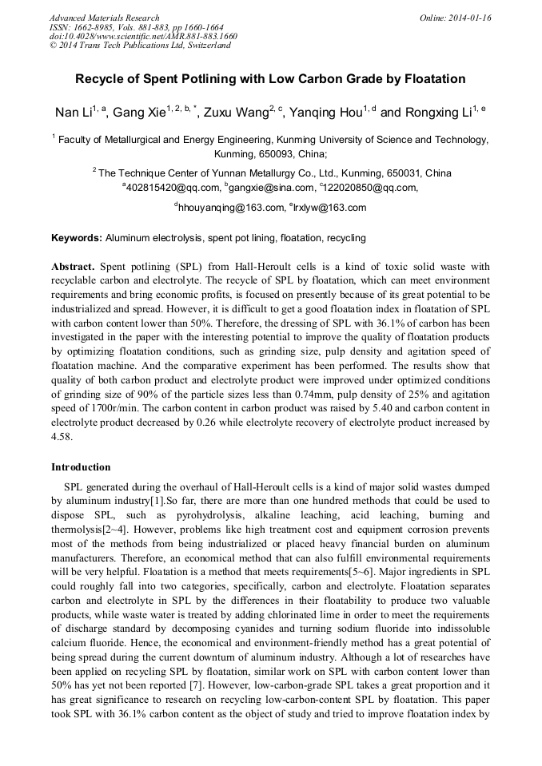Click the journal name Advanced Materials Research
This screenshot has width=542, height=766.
click(x=104, y=18)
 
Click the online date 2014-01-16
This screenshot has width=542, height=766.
click(x=467, y=18)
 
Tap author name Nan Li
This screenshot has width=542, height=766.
click(x=72, y=112)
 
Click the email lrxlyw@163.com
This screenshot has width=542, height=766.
click(x=329, y=208)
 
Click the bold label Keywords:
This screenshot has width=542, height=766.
click(x=77, y=238)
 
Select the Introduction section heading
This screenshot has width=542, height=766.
click(x=81, y=467)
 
